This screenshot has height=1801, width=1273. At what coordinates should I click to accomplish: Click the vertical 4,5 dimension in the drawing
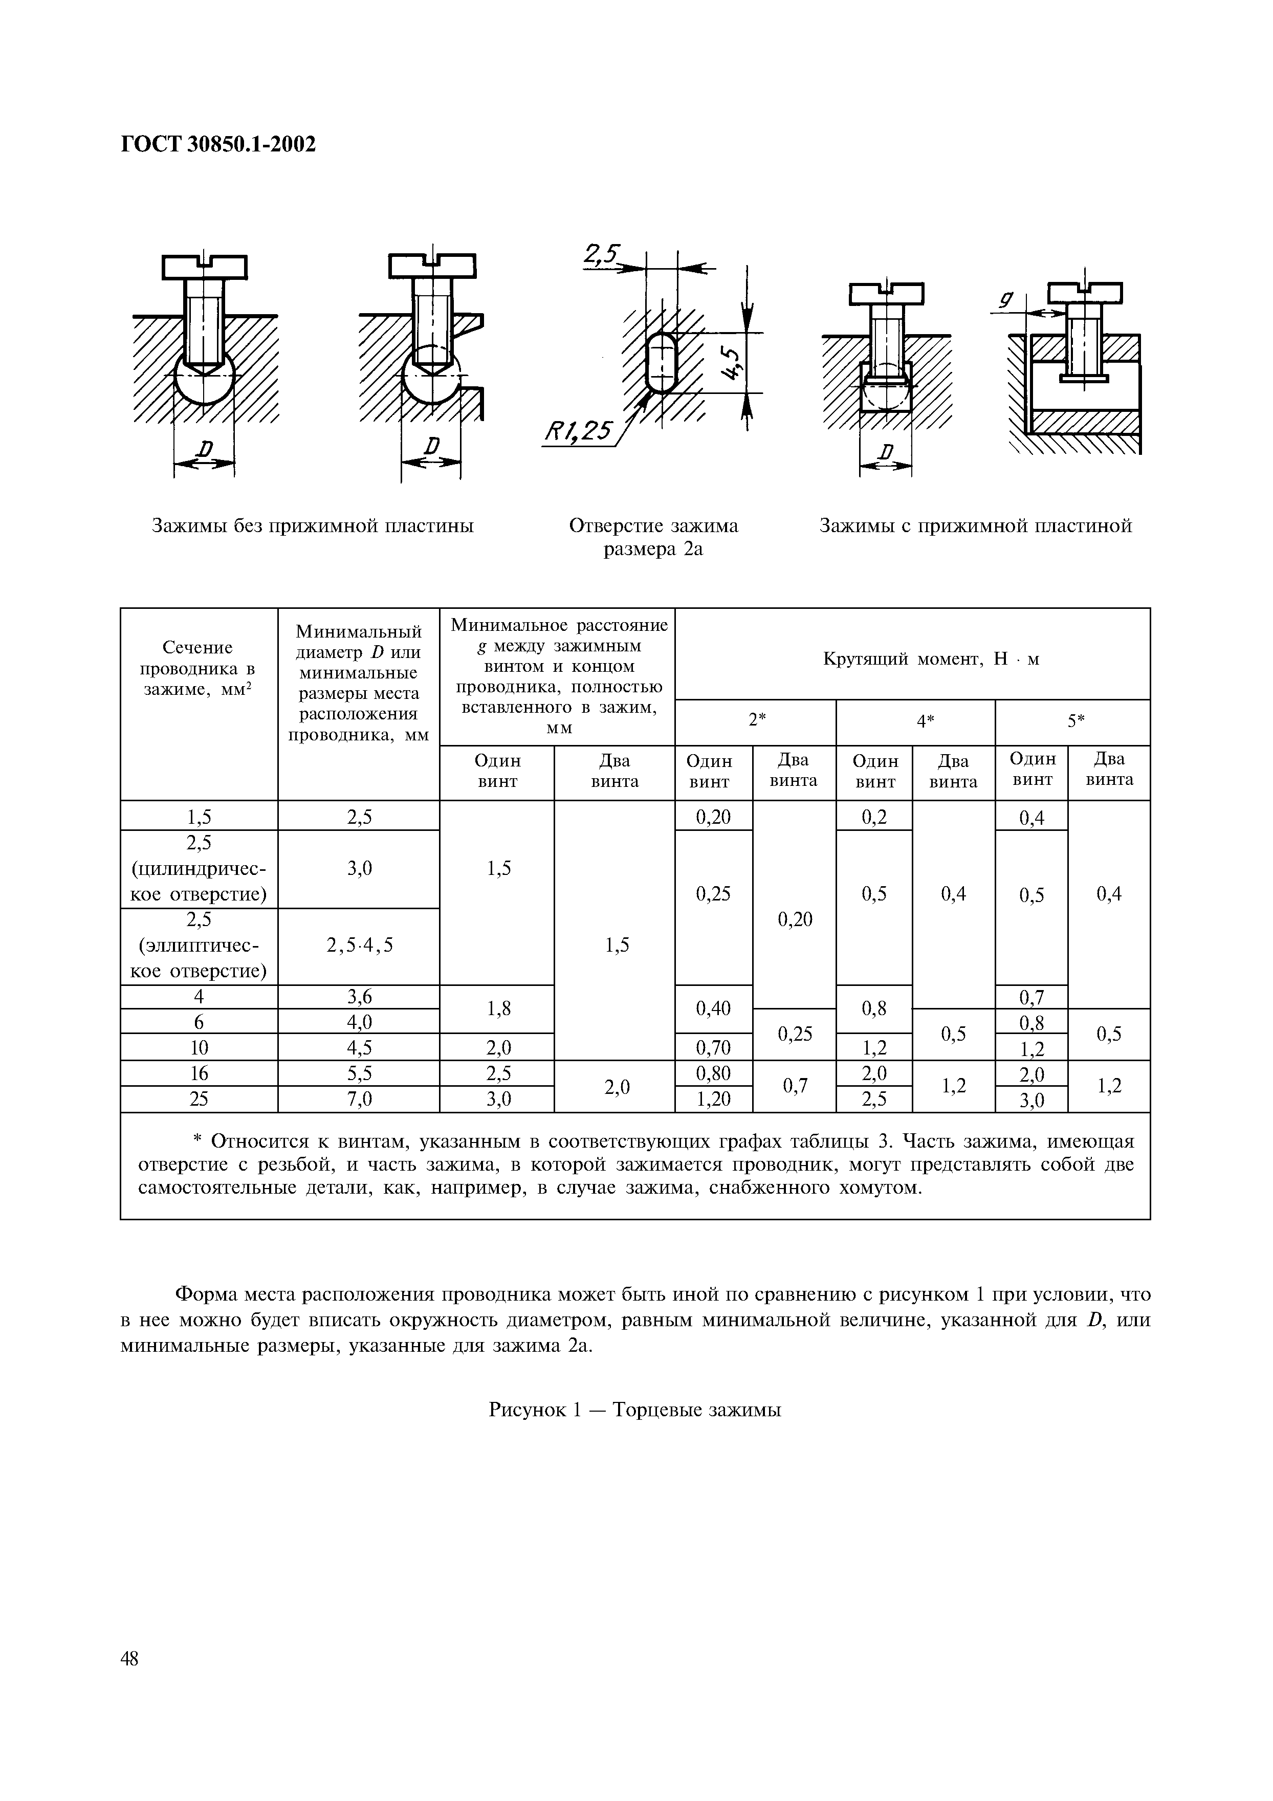point(733,363)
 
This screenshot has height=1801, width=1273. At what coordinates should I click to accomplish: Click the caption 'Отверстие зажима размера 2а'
point(652,537)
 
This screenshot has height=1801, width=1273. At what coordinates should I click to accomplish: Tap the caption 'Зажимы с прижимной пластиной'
point(975,525)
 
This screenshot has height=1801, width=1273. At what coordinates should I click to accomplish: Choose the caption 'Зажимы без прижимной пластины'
point(312,525)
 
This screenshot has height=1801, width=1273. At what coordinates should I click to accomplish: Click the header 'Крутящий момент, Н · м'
point(931,659)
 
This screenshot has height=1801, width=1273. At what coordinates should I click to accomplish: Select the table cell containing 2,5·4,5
point(359,945)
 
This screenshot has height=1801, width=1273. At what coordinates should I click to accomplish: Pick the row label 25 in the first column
point(199,1099)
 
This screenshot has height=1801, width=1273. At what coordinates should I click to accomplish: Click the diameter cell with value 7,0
point(359,1099)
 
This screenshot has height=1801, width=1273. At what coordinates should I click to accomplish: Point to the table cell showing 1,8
point(497,1009)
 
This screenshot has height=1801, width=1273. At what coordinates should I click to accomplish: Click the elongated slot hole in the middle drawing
point(663,362)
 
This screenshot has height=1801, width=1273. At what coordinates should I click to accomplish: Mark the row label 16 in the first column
point(199,1073)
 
